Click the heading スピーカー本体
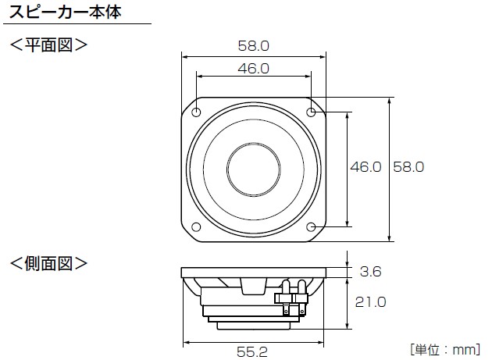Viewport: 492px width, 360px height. (66, 12)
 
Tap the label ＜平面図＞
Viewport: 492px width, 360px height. (48, 45)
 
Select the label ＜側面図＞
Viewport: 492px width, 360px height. (48, 263)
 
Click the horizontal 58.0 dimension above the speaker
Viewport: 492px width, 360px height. (254, 46)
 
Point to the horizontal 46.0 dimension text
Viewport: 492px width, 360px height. (254, 69)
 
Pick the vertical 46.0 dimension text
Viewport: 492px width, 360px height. (365, 166)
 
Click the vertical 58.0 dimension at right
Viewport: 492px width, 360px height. (408, 166)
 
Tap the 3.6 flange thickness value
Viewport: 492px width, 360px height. (371, 272)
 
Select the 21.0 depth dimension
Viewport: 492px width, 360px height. (371, 302)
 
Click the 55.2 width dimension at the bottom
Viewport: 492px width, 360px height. (252, 352)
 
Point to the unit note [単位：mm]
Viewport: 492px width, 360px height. (445, 349)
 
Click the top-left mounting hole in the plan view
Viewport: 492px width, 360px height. (196, 112)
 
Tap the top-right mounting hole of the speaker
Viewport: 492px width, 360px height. (311, 112)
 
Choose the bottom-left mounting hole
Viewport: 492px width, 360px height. (196, 226)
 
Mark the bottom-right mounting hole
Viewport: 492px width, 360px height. (311, 226)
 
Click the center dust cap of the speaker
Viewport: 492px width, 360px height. (254, 169)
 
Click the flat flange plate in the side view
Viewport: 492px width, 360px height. (254, 273)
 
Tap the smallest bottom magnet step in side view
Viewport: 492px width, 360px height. (254, 326)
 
